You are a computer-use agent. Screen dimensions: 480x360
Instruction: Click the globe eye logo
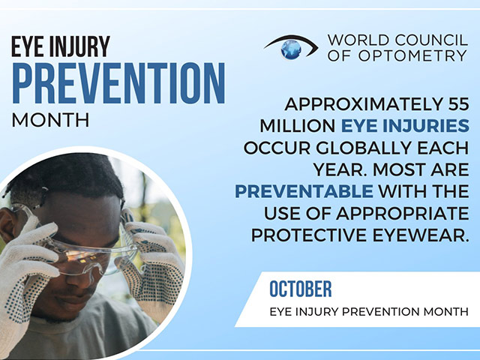pyautogui.click(x=291, y=47)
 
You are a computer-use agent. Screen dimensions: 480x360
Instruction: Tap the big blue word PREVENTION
pyautogui.click(x=118, y=83)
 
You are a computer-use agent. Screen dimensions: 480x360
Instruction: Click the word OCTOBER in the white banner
pyautogui.click(x=301, y=289)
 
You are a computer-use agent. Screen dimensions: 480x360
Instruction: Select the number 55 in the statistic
pyautogui.click(x=458, y=104)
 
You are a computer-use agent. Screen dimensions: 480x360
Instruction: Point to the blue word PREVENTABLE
pyautogui.click(x=304, y=191)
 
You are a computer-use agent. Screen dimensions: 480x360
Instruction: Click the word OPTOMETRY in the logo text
pyautogui.click(x=412, y=55)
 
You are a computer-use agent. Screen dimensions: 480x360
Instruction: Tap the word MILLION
pyautogui.click(x=297, y=126)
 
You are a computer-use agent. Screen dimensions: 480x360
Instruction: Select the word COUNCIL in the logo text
pyautogui.click(x=431, y=40)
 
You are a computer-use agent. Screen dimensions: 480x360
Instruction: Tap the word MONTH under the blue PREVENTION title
pyautogui.click(x=50, y=120)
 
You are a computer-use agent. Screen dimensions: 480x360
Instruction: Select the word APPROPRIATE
pyautogui.click(x=403, y=213)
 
